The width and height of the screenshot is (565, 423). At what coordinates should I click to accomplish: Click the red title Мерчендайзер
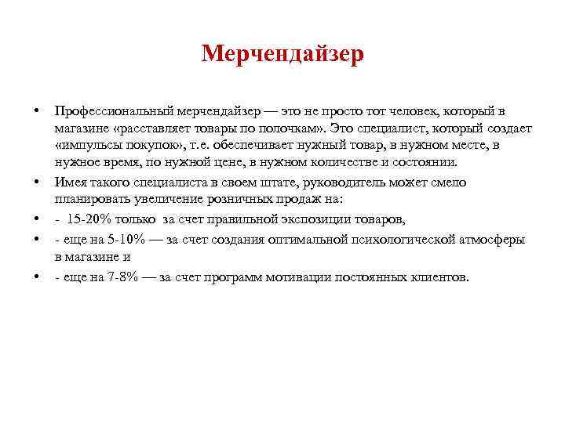coord(282,54)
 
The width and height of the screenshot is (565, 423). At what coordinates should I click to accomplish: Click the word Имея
coord(71,183)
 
